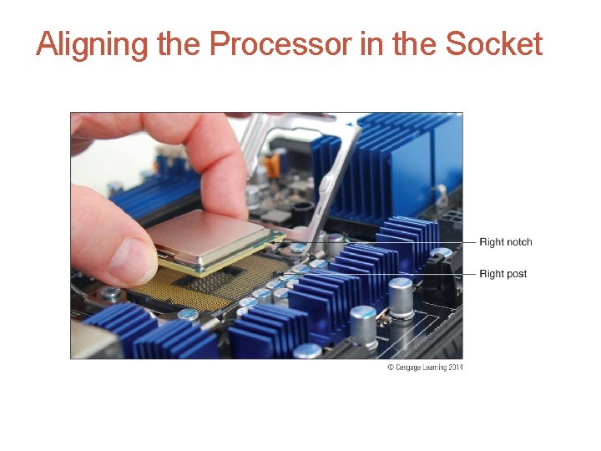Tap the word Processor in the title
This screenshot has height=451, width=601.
click(280, 43)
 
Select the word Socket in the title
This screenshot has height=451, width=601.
click(494, 43)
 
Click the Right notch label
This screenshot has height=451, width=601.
click(505, 242)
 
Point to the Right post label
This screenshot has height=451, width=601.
click(503, 274)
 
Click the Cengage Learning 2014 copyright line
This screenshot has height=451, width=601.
click(425, 367)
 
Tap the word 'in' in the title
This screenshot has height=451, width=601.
click(367, 43)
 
